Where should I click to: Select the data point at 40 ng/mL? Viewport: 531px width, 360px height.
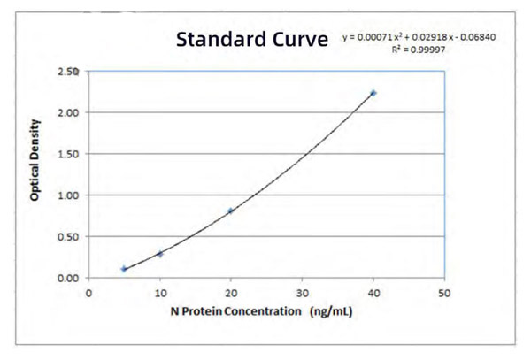tap(373, 93)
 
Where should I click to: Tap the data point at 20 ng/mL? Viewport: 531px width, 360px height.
tap(231, 211)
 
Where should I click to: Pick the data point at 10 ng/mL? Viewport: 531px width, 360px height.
tap(160, 254)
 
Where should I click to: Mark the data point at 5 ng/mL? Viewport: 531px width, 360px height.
tap(124, 269)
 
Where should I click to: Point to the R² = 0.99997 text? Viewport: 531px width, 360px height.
tap(415, 50)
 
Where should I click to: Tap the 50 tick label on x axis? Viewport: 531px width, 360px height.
tap(444, 292)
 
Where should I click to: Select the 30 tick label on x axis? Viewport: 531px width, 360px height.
tap(302, 292)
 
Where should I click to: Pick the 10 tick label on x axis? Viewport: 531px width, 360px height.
tap(159, 292)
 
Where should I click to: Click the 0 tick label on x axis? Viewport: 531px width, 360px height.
tap(88, 292)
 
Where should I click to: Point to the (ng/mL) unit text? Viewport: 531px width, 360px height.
tap(332, 311)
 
